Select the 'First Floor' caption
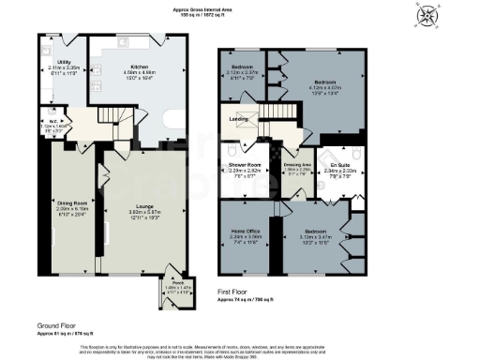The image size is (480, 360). coord(236,293)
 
